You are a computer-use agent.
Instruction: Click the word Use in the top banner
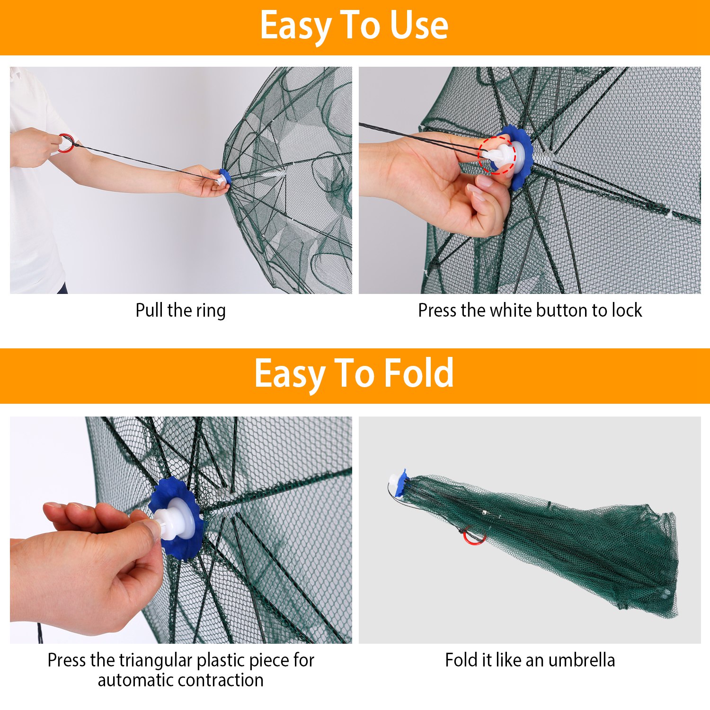click(x=418, y=26)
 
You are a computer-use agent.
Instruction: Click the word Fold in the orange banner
click(x=418, y=373)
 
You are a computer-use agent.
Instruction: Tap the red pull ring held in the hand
click(x=67, y=143)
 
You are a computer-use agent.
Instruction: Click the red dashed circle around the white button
click(x=497, y=155)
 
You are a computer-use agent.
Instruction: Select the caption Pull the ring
click(x=180, y=311)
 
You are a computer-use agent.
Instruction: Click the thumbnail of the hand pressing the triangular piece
click(x=181, y=530)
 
